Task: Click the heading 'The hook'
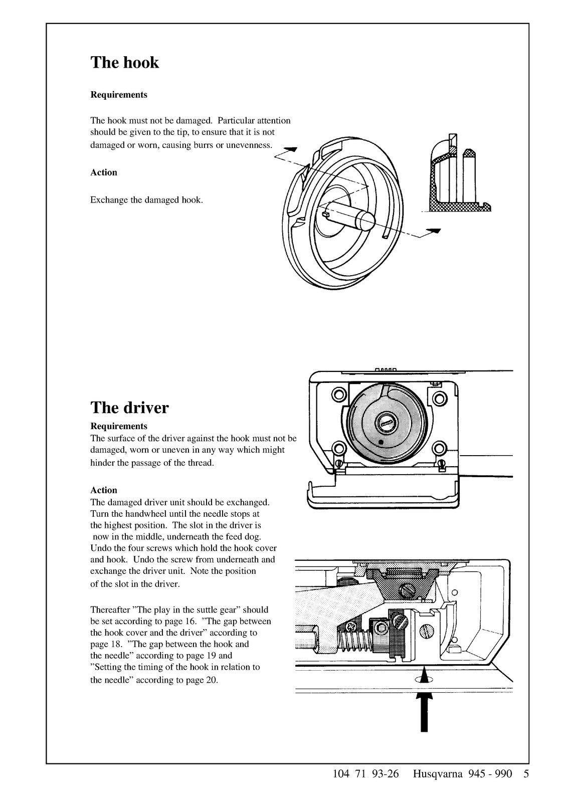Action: pyautogui.click(x=124, y=62)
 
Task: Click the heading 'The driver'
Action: pyautogui.click(x=129, y=407)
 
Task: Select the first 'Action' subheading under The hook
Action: pyautogui.click(x=104, y=172)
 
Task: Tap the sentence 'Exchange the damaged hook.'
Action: pyautogui.click(x=146, y=200)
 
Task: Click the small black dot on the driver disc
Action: pyautogui.click(x=381, y=442)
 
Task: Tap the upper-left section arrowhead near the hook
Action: pyautogui.click(x=291, y=149)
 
